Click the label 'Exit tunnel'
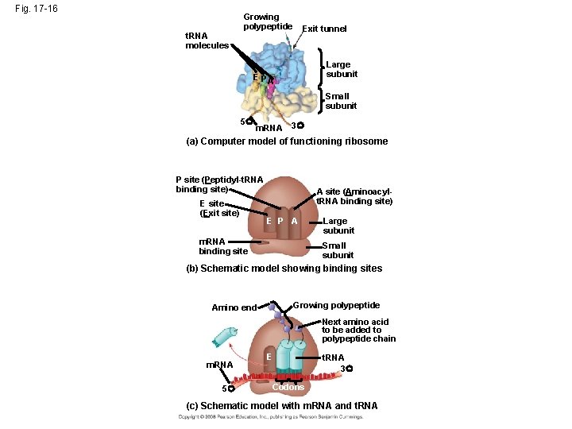(x=324, y=29)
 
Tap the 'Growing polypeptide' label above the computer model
(x=266, y=22)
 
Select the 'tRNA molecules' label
(x=207, y=41)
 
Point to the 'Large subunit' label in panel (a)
(x=342, y=69)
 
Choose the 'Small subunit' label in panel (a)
(x=341, y=101)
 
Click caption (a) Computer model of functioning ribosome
(x=287, y=141)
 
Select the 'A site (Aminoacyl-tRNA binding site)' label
(x=354, y=196)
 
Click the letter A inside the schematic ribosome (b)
(x=294, y=221)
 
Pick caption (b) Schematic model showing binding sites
(x=284, y=269)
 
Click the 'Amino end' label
(x=234, y=307)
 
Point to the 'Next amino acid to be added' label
(x=358, y=330)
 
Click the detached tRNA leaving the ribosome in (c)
(x=225, y=336)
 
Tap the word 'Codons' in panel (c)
(x=288, y=387)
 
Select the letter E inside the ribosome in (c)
(x=270, y=357)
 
